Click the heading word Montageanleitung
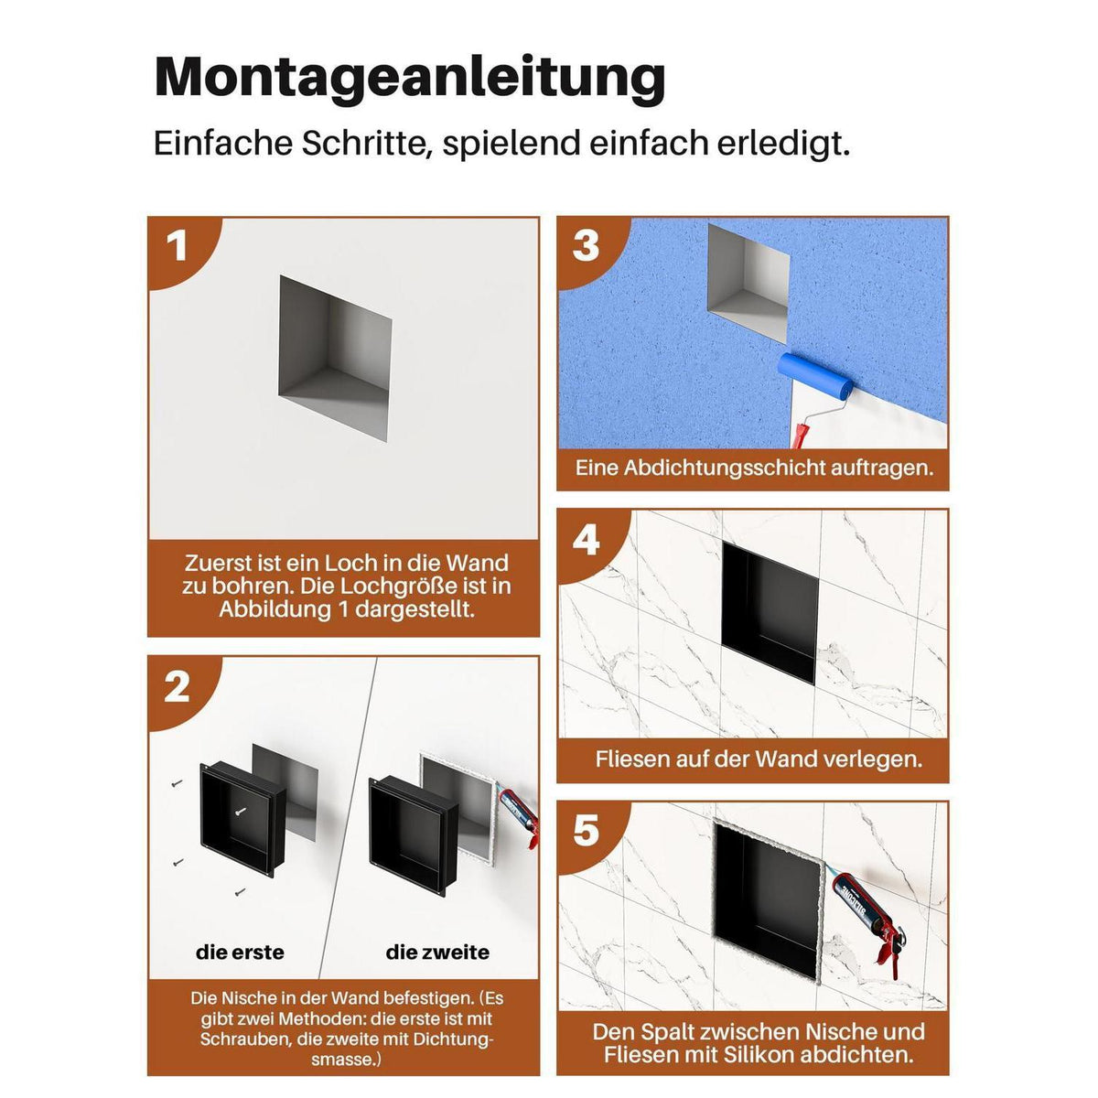(410, 78)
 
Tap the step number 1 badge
(177, 247)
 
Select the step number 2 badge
(177, 687)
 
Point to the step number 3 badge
(586, 246)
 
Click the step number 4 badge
(586, 540)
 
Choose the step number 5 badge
(586, 832)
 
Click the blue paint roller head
(816, 377)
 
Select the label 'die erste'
(240, 953)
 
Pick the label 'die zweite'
(437, 953)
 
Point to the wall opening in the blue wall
(748, 284)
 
